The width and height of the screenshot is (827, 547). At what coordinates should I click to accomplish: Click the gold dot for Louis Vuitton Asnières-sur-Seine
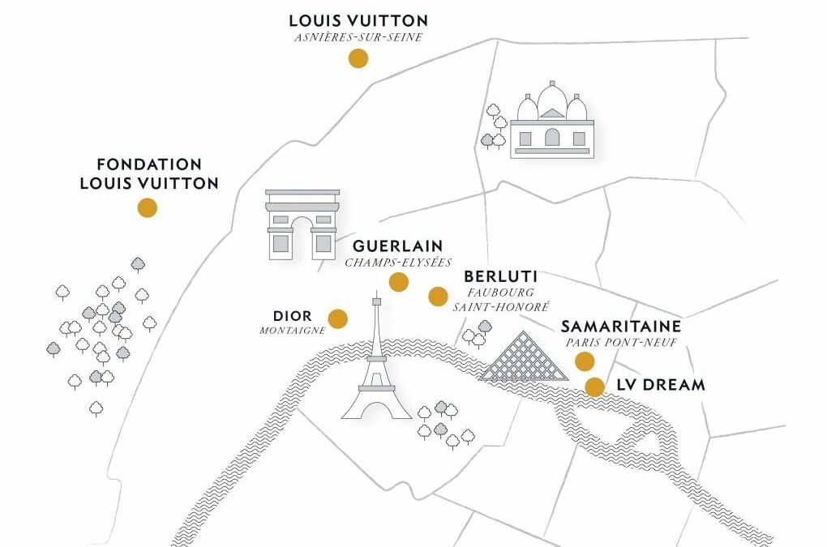click(358, 58)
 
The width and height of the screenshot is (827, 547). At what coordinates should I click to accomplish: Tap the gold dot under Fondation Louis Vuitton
click(147, 207)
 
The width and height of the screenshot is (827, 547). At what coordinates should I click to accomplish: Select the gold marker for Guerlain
click(398, 281)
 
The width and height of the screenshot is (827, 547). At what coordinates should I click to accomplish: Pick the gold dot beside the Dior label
click(337, 318)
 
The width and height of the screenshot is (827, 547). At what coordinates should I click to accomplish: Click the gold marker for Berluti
click(438, 297)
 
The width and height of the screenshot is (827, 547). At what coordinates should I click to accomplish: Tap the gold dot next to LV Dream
click(595, 387)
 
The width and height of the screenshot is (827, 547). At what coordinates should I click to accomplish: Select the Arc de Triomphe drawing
click(302, 224)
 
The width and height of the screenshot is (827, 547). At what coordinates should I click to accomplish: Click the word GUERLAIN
click(397, 246)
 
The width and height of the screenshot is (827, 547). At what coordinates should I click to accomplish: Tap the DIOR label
click(292, 316)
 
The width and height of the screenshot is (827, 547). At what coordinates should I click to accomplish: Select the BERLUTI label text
click(501, 277)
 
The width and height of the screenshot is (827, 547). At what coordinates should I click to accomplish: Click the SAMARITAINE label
click(621, 327)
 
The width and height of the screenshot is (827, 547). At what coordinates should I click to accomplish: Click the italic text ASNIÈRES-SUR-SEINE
click(358, 37)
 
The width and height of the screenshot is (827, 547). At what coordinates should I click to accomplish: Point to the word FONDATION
click(149, 165)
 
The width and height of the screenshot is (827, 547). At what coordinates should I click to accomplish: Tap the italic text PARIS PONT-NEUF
click(621, 343)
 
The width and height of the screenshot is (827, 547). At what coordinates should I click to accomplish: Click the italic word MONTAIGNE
click(292, 331)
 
